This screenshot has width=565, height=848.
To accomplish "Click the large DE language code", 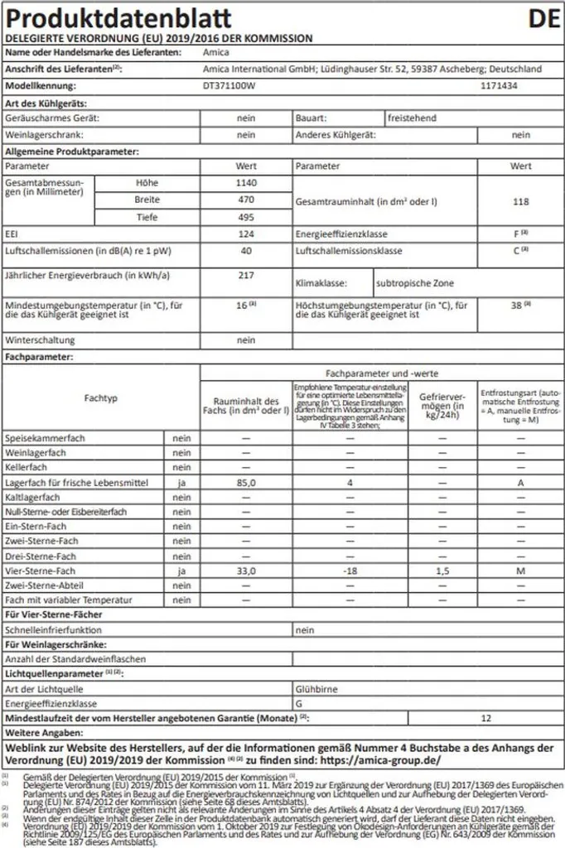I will [x=543, y=17].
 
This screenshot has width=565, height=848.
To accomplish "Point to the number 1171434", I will [x=500, y=85].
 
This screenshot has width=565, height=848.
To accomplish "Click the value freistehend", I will [x=413, y=118].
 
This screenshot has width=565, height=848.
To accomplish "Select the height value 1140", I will [x=246, y=183].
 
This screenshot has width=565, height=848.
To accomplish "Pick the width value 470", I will [x=246, y=200].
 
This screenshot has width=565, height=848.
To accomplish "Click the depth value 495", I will [x=246, y=217].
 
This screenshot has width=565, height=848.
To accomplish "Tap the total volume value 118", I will [x=520, y=201].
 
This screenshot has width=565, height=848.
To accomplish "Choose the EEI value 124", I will [x=246, y=234].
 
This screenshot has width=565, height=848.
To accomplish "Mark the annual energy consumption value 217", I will [x=246, y=274].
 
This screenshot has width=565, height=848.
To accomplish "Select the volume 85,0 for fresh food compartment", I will [x=246, y=482].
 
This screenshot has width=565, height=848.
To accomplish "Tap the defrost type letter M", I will [x=520, y=571].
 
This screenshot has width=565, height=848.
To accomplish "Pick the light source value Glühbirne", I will [x=316, y=688].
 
